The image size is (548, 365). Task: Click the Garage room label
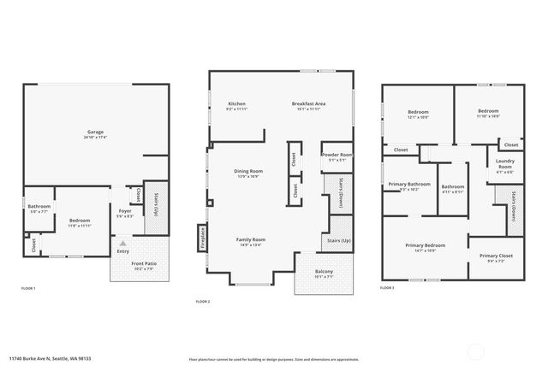(95, 132)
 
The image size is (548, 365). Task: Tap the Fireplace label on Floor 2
(203, 236)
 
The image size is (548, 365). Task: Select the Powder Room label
(337, 155)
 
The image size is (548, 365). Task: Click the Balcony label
(324, 273)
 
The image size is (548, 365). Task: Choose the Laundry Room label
(505, 165)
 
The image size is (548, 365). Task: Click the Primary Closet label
(495, 256)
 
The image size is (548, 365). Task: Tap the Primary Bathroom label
(409, 184)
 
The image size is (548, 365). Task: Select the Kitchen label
(236, 103)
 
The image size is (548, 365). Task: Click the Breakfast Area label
(308, 103)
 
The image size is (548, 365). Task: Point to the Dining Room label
(248, 171)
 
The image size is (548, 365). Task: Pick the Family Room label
(251, 239)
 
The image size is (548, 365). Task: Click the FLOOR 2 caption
(203, 302)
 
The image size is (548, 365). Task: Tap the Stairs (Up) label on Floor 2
(339, 242)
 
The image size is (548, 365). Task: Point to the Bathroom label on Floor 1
(39, 206)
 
